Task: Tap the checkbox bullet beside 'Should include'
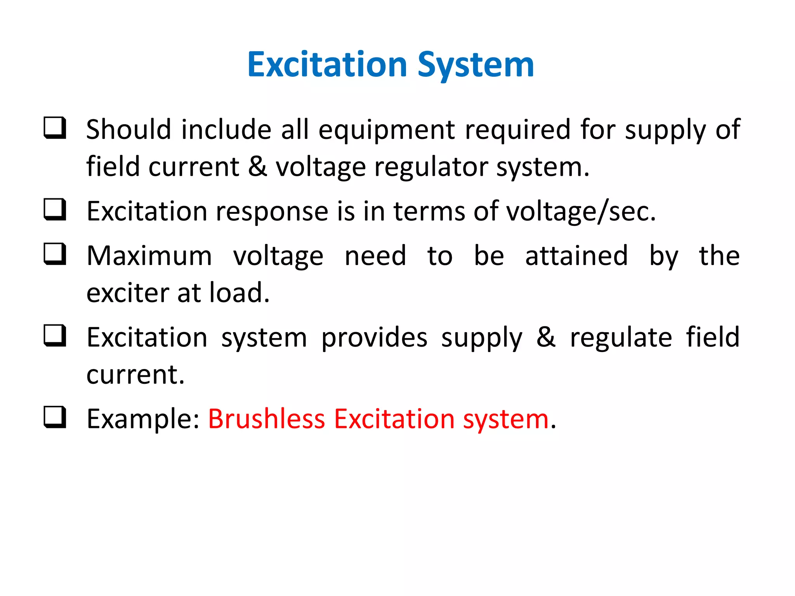tap(55, 128)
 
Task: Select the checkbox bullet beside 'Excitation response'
tap(55, 210)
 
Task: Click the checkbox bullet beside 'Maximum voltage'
tap(55, 254)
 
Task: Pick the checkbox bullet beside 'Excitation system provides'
tap(55, 336)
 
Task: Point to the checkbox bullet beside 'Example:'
tap(55, 418)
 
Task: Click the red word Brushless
tap(266, 419)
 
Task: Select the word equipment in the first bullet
tap(387, 130)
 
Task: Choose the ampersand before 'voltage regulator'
tap(257, 166)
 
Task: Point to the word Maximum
tap(149, 256)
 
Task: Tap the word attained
tap(576, 256)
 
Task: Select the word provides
tap(374, 338)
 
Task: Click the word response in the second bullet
tap(272, 212)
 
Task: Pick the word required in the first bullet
tap(518, 130)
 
